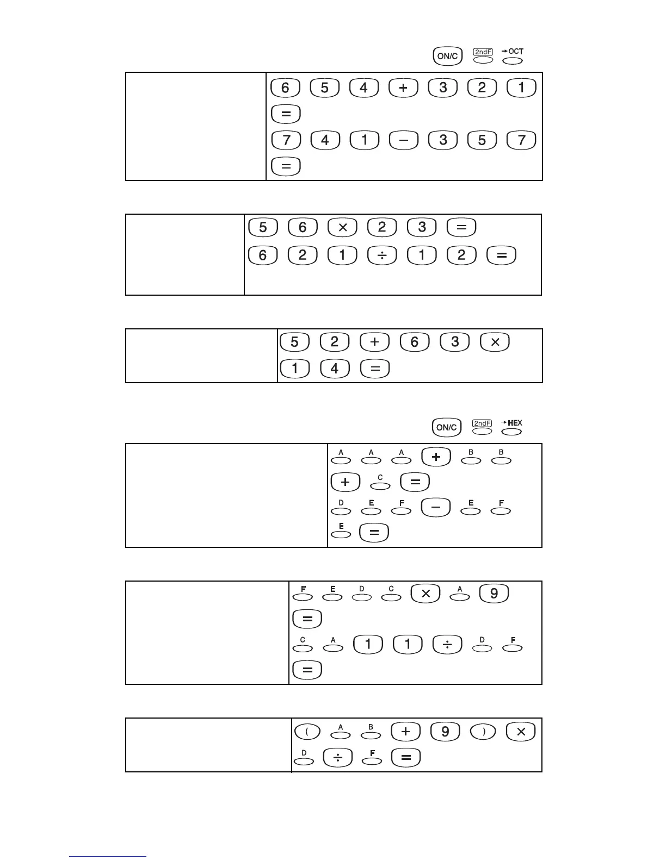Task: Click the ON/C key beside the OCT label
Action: [x=447, y=56]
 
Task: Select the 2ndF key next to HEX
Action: [x=482, y=430]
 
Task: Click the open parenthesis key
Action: [x=307, y=732]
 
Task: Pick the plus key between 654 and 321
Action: [x=403, y=88]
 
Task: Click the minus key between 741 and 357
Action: [x=403, y=140]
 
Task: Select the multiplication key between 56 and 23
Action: [x=342, y=227]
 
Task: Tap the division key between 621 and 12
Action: [x=382, y=255]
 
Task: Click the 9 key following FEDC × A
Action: [x=494, y=593]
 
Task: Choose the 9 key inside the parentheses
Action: [x=445, y=732]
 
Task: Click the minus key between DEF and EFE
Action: [x=436, y=508]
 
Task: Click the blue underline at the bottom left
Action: [x=108, y=856]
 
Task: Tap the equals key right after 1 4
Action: [x=374, y=369]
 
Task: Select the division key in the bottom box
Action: [x=337, y=758]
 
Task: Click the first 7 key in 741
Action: [x=285, y=140]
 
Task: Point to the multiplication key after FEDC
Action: [x=425, y=593]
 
